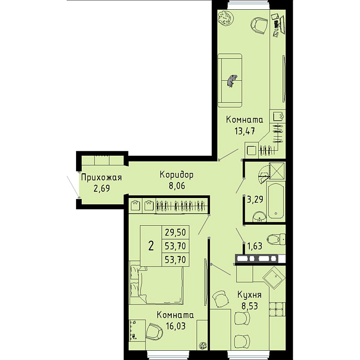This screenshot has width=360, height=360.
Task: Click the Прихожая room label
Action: [x=101, y=177]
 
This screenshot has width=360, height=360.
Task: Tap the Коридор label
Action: [x=176, y=175]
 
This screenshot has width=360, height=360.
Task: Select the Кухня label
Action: [x=249, y=295]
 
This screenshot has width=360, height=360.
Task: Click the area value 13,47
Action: [x=244, y=131]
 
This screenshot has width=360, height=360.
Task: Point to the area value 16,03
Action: [x=175, y=326]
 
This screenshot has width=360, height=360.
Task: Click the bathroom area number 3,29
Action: [x=255, y=200]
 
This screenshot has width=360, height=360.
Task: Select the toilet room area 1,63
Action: [x=255, y=246]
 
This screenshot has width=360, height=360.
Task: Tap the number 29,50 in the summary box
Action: [x=175, y=232]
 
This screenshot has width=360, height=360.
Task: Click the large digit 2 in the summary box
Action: [x=151, y=246]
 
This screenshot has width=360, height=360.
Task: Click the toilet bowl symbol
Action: [x=277, y=240]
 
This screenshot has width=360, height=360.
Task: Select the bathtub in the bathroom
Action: [x=276, y=200]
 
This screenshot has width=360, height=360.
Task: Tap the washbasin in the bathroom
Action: [x=259, y=217]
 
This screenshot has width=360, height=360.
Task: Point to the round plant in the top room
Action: [x=225, y=17]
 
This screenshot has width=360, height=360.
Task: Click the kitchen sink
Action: [x=274, y=278]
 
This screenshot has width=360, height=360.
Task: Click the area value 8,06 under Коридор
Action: [x=177, y=186]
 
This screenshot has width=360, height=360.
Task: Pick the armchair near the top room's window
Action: [x=259, y=25]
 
